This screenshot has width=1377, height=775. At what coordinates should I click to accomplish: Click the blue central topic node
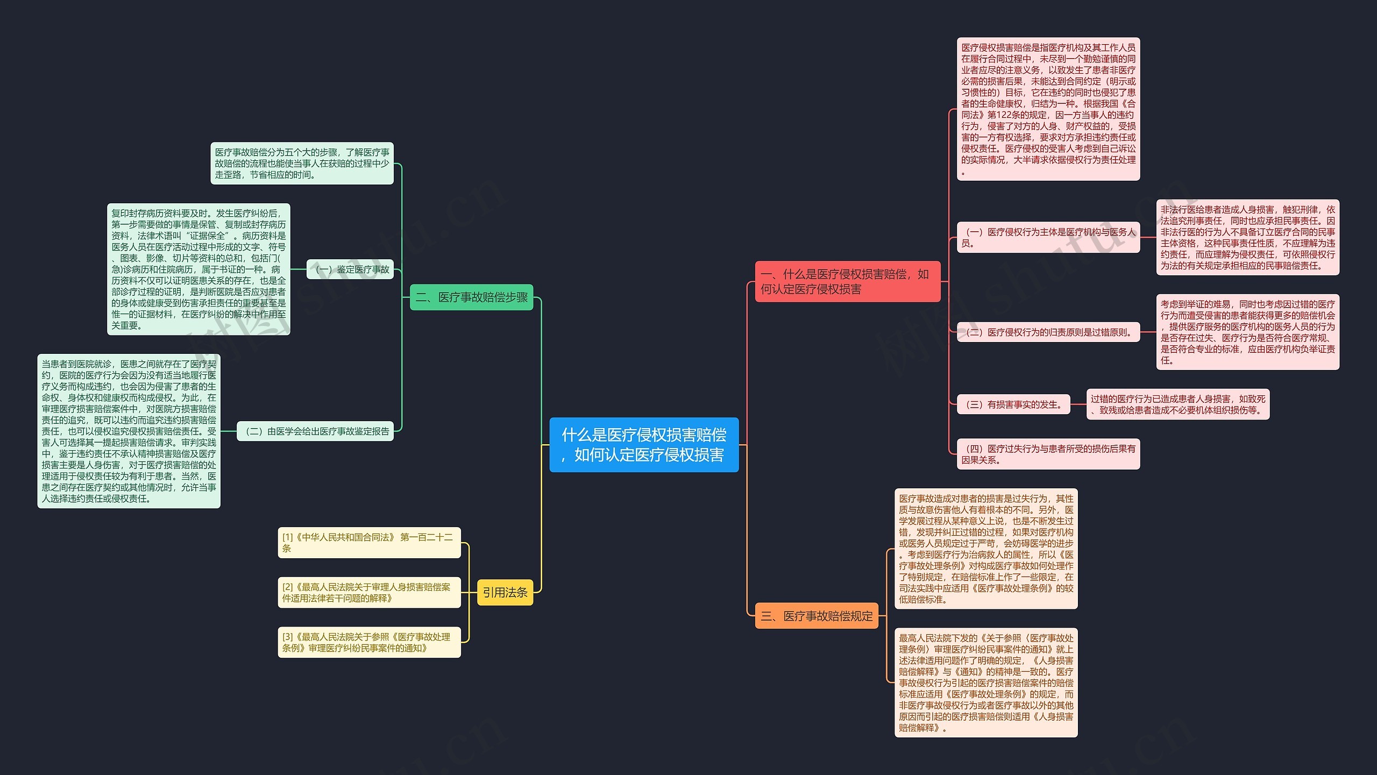click(644, 445)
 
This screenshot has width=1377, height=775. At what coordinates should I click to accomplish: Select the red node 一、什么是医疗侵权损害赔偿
click(848, 281)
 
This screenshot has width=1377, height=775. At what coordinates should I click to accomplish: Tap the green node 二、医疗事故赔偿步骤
click(472, 297)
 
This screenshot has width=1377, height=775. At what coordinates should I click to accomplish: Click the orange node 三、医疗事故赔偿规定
click(817, 616)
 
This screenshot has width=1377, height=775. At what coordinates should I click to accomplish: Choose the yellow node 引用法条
click(505, 592)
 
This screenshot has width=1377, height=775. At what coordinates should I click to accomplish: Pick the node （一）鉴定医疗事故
click(350, 269)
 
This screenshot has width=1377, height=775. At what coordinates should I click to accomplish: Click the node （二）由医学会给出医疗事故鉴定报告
click(315, 431)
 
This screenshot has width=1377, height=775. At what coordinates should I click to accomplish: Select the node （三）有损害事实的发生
click(1014, 404)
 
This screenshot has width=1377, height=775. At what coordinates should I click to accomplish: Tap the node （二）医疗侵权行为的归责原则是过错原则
click(1048, 332)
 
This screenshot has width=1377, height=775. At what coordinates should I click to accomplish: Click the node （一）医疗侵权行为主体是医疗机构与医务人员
click(1048, 237)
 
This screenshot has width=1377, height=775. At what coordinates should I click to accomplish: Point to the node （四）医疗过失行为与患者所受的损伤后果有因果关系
click(1048, 454)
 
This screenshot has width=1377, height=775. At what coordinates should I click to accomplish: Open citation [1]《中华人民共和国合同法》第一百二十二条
click(370, 543)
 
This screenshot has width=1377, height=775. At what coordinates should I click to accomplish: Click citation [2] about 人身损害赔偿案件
click(370, 592)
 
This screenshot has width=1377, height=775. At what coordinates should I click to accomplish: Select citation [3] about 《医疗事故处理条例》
click(370, 642)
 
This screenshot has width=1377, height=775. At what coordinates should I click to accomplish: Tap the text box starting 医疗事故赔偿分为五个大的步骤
click(302, 163)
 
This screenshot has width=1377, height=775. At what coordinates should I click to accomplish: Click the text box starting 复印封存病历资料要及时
click(198, 269)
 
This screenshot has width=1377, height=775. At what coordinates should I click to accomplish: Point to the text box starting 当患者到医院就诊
click(129, 431)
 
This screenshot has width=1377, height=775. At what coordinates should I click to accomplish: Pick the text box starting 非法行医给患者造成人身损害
click(1248, 237)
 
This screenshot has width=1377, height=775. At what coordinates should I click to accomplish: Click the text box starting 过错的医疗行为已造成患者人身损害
click(1178, 404)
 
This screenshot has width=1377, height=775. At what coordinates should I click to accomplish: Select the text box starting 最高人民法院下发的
click(986, 682)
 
